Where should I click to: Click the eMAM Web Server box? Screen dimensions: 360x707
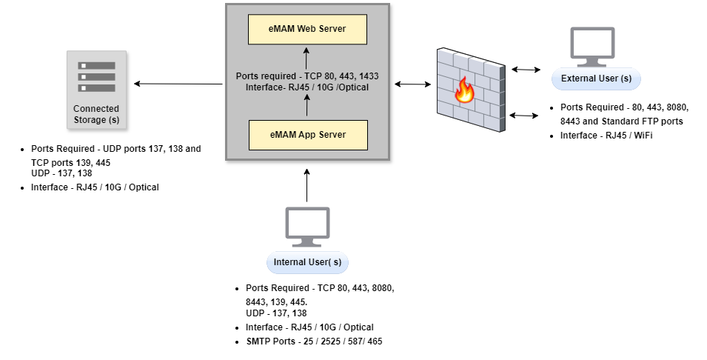coord(307,29)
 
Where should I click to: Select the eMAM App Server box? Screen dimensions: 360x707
coord(307,134)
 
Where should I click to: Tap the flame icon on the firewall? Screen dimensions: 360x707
coord(464,90)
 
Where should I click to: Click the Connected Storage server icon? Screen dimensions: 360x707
coord(96,76)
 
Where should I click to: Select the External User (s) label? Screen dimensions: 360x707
coord(596,79)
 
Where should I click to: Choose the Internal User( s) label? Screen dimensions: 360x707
coord(307,262)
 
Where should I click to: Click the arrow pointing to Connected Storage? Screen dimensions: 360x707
coord(178,84)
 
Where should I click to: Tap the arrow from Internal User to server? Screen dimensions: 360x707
coord(307,186)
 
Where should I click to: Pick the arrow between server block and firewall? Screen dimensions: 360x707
coord(413,84)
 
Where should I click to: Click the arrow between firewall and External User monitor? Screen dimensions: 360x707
coord(525,70)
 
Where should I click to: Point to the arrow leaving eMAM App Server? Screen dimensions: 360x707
coord(307,107)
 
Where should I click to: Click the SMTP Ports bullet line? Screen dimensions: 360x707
coord(315,341)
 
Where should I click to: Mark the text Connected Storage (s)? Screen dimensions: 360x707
coord(96,114)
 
